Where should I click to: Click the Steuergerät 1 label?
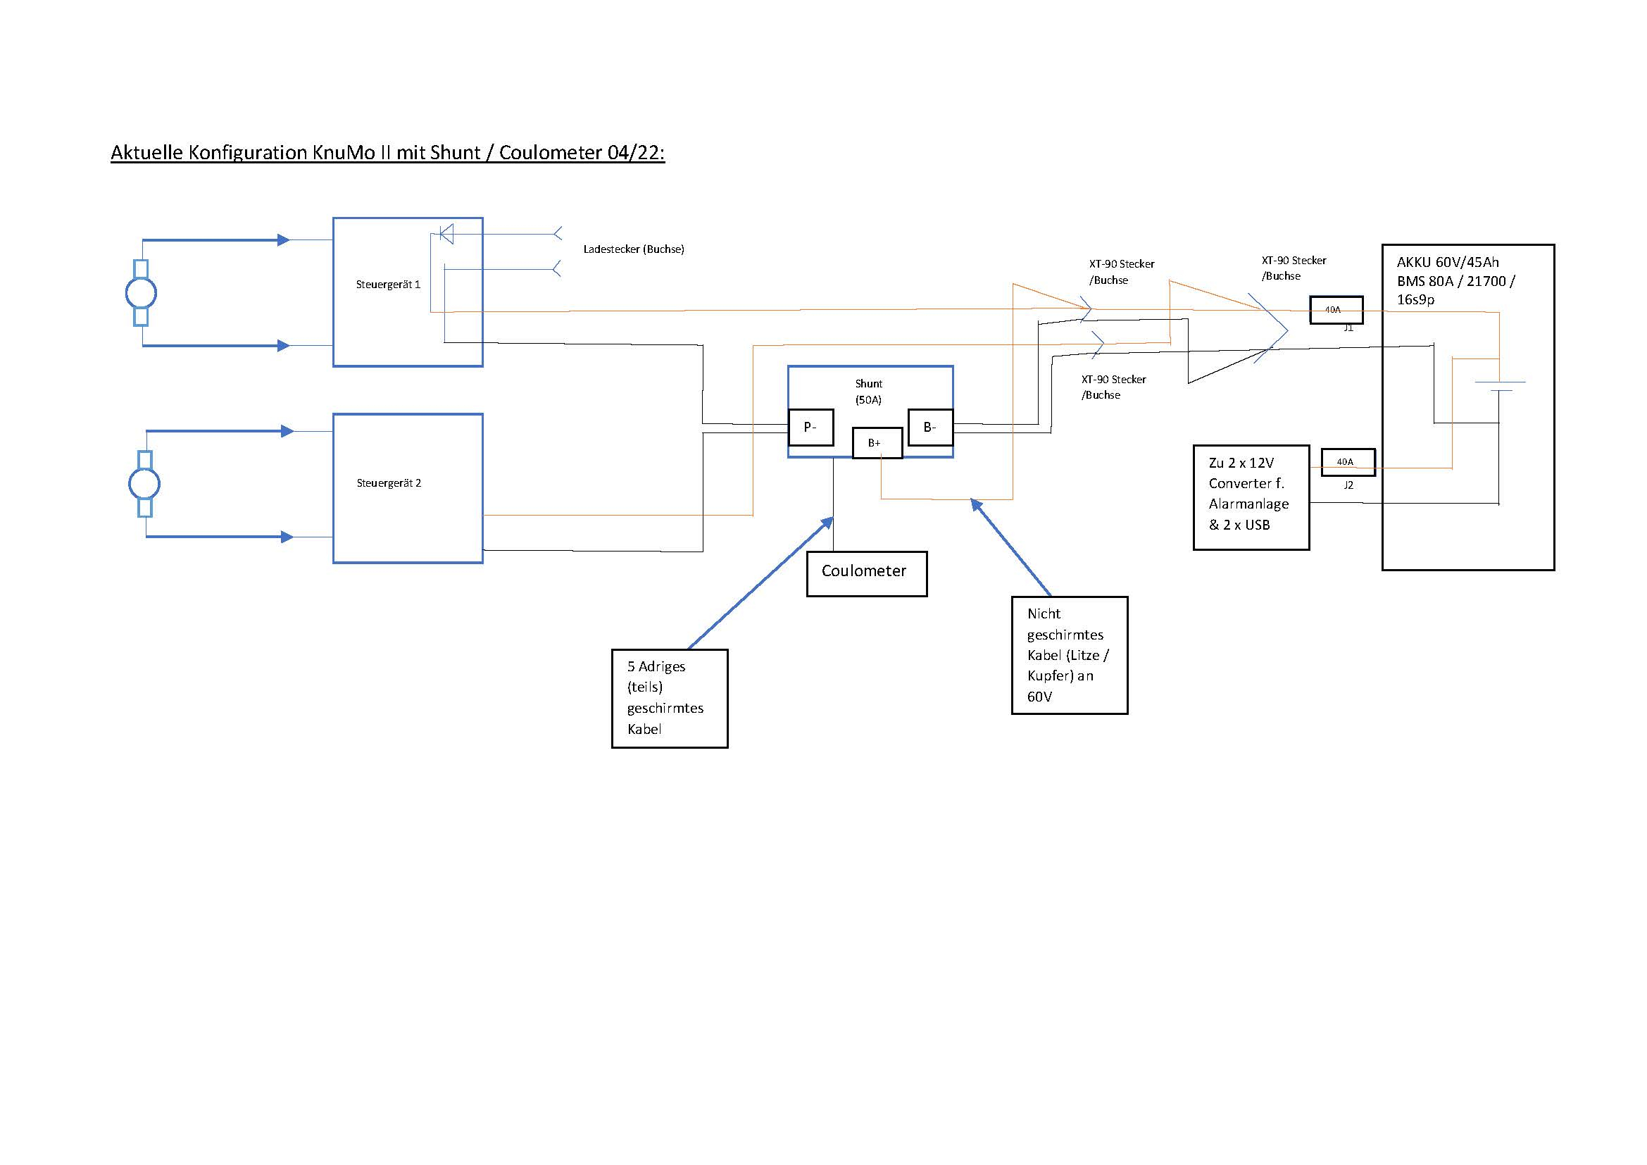[x=388, y=285]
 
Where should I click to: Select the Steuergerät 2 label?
[x=389, y=483]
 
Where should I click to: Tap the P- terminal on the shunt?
[x=810, y=428]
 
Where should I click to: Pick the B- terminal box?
[x=930, y=428]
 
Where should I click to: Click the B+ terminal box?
[x=877, y=442]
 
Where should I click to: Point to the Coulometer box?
[x=867, y=573]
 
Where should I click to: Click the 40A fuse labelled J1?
[x=1336, y=310]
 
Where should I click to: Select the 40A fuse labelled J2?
[x=1348, y=462]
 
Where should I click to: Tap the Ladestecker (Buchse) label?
[x=634, y=249]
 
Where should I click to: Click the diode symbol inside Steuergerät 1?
[x=446, y=234]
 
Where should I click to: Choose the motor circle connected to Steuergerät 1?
[x=142, y=293]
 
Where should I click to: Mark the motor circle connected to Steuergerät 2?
[x=144, y=484]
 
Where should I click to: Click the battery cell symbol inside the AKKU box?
[x=1499, y=386]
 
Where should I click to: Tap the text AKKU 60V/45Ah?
[x=1448, y=263]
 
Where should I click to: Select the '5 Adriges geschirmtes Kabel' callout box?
[x=669, y=698]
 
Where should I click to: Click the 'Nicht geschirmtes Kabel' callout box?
[x=1069, y=655]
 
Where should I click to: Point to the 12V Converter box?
[x=1251, y=497]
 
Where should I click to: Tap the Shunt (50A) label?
[x=869, y=392]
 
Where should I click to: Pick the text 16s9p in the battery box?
[x=1415, y=300]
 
